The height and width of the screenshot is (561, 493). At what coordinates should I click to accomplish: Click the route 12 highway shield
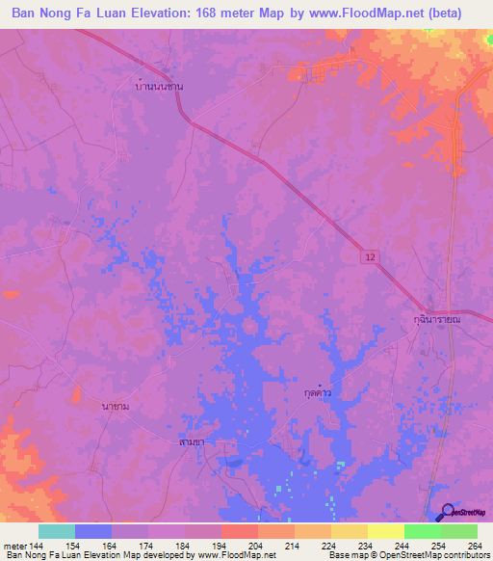pos(371,256)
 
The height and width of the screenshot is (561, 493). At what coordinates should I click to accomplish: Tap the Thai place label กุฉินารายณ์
pos(432,317)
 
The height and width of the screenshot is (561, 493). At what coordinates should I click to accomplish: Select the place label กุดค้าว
pos(318,393)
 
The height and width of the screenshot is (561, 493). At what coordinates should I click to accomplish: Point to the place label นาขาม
pos(116,407)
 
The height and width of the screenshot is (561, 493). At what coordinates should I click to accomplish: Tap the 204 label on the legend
pos(255,546)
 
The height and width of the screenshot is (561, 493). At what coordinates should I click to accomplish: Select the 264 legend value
pos(474,546)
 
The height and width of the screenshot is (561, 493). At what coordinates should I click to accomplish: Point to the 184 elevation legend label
pos(182,546)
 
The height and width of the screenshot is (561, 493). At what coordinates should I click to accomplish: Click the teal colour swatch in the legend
pos(57,531)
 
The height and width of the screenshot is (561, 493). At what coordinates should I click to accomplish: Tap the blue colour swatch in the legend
pos(93,531)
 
